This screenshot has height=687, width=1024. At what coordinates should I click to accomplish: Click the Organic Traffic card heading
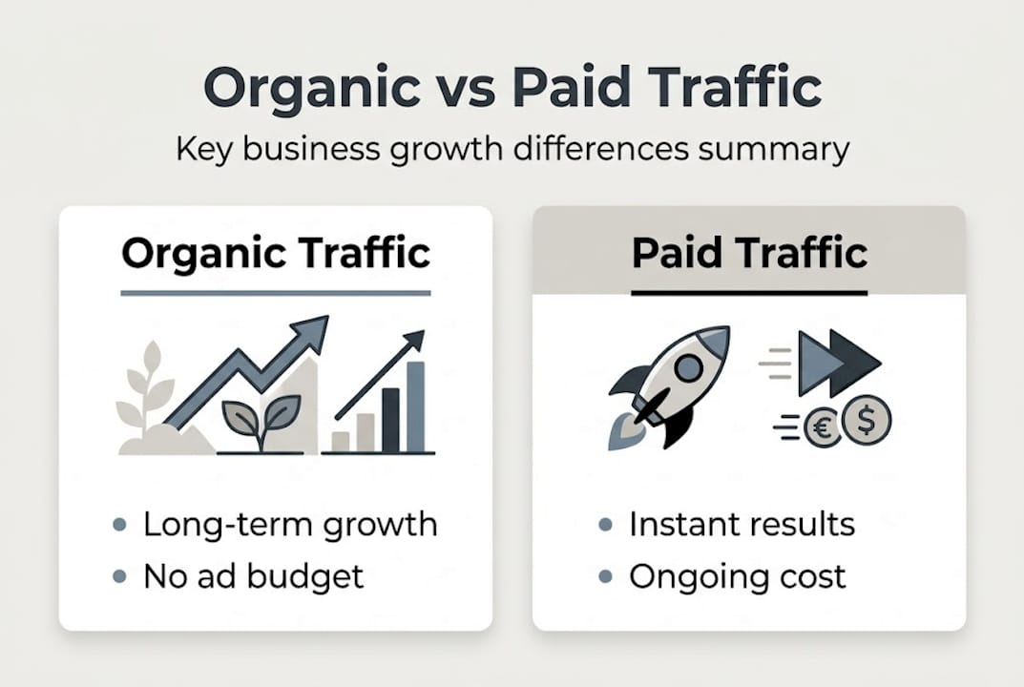pyautogui.click(x=276, y=254)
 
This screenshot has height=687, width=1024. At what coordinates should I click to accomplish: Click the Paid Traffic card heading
pyautogui.click(x=749, y=254)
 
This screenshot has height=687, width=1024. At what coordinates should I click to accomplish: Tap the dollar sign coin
pyautogui.click(x=867, y=420)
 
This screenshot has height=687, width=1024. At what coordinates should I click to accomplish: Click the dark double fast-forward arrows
pyautogui.click(x=838, y=363)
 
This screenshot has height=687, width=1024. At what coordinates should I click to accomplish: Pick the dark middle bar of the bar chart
pyautogui.click(x=389, y=420)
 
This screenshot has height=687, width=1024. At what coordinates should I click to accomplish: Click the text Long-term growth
pyautogui.click(x=290, y=524)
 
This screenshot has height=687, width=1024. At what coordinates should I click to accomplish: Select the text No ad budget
pyautogui.click(x=253, y=575)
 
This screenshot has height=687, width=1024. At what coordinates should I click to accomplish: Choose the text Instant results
pyautogui.click(x=742, y=524)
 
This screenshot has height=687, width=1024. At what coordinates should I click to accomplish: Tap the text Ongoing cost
pyautogui.click(x=737, y=575)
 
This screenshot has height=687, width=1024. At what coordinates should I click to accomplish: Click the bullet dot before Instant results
pyautogui.click(x=604, y=525)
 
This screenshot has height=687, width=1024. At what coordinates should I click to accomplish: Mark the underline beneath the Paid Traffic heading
pyautogui.click(x=749, y=292)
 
